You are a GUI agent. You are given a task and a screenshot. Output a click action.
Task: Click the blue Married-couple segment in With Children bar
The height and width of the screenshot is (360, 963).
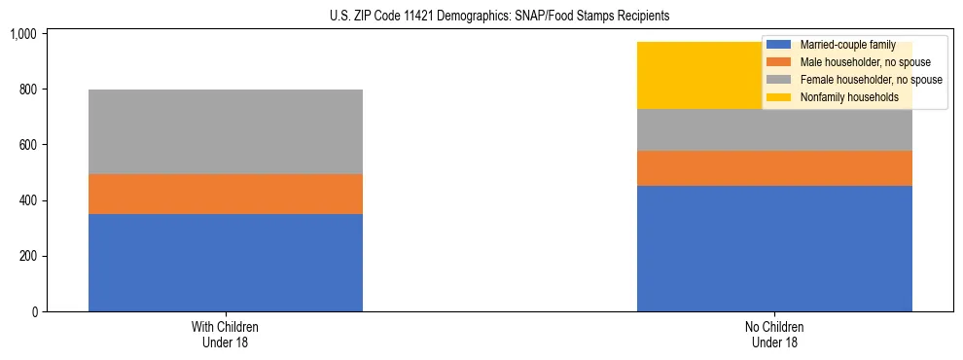tap(226, 263)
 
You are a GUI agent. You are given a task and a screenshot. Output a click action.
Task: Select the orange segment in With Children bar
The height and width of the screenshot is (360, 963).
tap(226, 194)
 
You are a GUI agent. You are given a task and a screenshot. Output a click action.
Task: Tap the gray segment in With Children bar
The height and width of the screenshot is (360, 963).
tap(226, 131)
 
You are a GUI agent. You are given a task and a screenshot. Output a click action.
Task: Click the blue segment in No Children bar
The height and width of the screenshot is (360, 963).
tap(774, 248)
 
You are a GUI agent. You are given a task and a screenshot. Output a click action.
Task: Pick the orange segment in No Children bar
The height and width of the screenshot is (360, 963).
tap(774, 167)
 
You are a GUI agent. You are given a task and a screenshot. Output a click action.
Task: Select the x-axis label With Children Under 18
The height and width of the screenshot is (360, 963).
tap(226, 334)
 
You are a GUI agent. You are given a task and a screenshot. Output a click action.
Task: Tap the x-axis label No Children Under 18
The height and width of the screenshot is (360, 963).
tap(774, 334)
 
